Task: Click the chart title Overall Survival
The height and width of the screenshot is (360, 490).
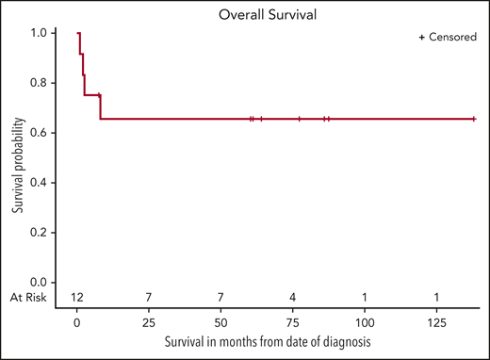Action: click(244, 14)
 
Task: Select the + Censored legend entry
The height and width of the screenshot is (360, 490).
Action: click(448, 37)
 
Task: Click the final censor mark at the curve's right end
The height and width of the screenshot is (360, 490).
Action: click(473, 119)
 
